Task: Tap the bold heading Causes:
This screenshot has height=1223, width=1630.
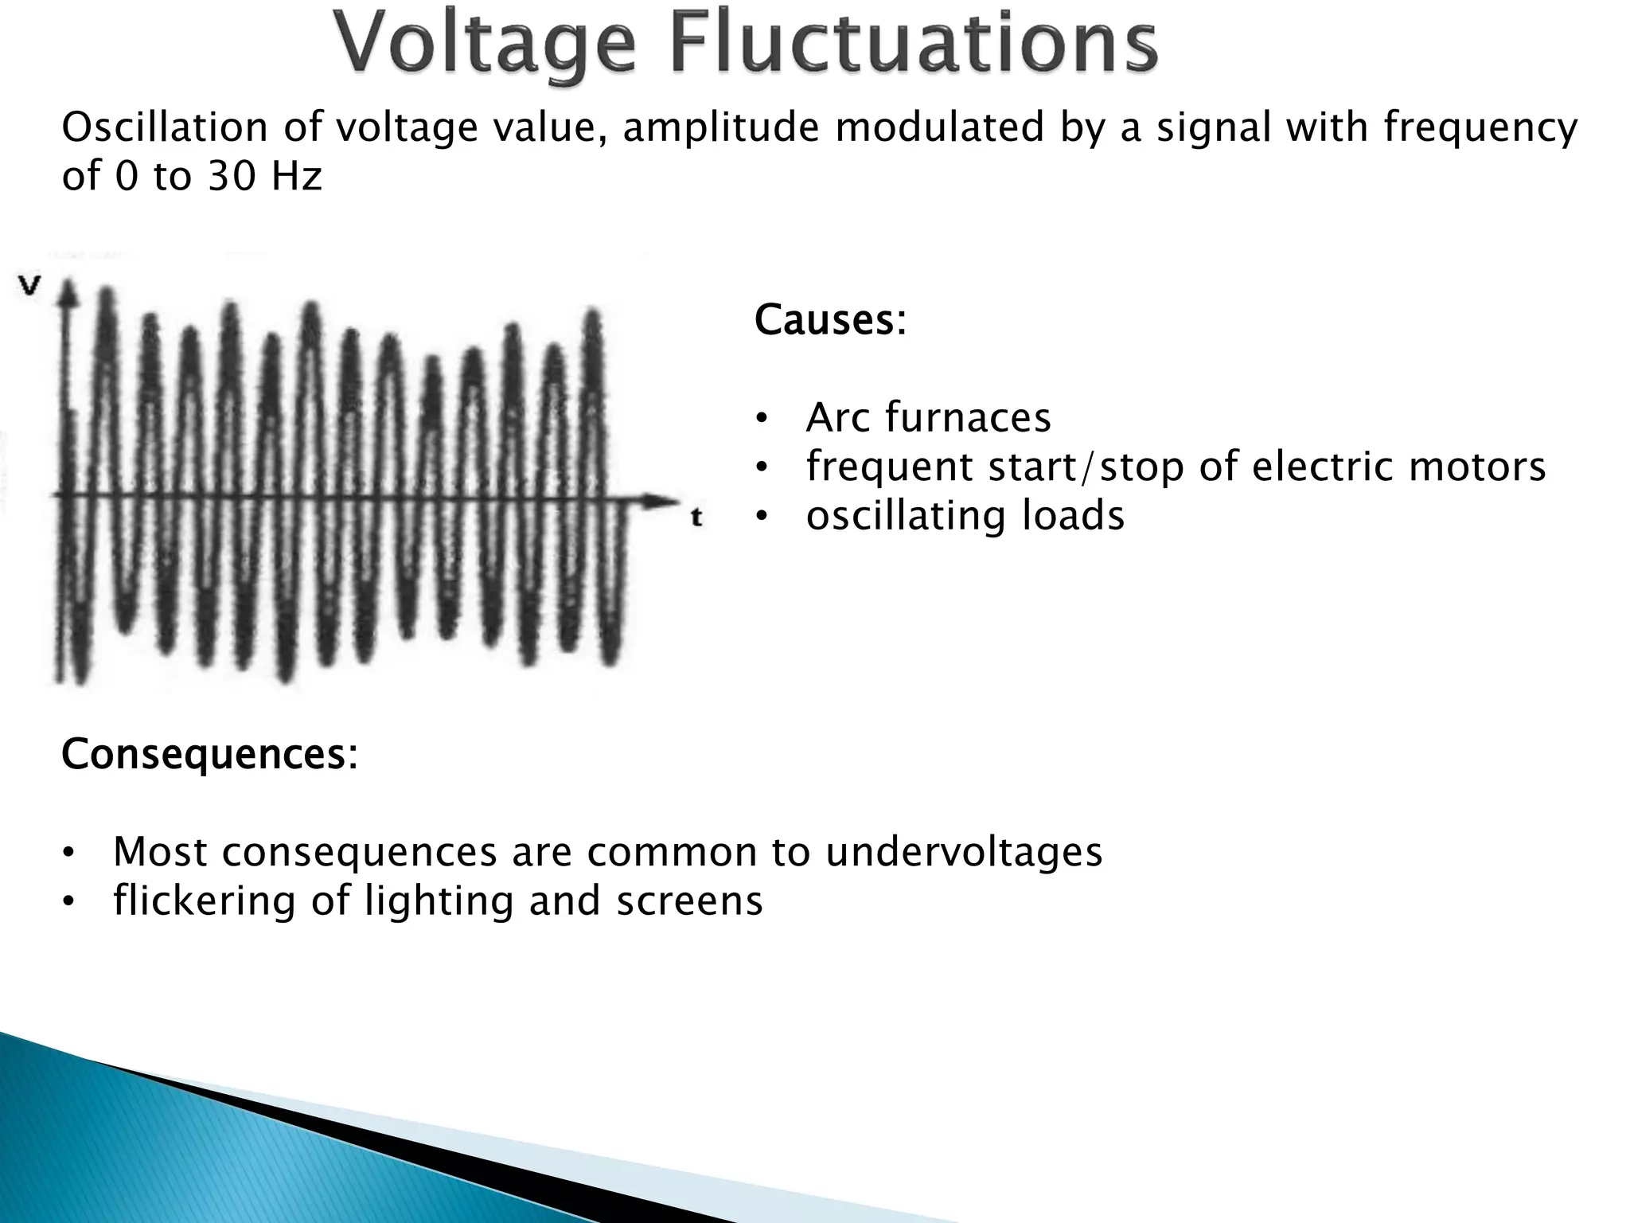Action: pos(830,320)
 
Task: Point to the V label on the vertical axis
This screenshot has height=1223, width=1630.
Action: pos(30,286)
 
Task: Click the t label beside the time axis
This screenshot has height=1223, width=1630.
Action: pos(696,518)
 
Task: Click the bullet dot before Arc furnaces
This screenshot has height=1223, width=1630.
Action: pos(762,419)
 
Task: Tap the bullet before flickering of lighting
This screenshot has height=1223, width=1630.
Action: pos(69,902)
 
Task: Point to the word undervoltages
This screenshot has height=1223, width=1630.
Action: pos(964,852)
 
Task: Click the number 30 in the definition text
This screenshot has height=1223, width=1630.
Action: pos(232,176)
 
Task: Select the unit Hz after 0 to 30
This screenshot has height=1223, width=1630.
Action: pos(296,176)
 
